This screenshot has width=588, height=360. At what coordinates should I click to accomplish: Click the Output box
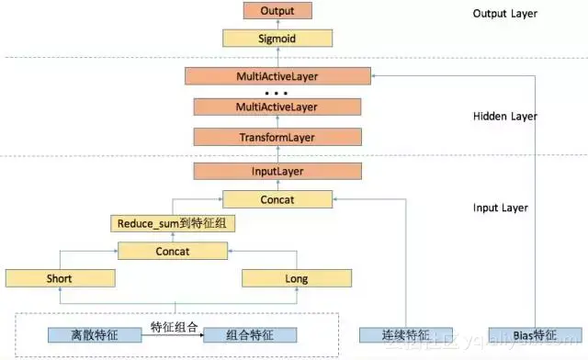click(277, 12)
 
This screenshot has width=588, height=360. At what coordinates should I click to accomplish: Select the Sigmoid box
click(277, 39)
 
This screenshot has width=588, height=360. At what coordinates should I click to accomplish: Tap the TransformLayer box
click(277, 138)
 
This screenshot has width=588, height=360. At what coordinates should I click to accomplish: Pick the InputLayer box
click(277, 172)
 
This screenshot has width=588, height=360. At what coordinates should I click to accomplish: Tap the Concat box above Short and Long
click(171, 251)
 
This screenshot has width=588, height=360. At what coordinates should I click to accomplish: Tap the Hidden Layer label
click(504, 118)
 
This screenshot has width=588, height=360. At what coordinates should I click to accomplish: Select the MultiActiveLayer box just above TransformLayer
click(277, 108)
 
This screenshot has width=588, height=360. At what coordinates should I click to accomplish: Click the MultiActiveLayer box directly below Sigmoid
click(277, 76)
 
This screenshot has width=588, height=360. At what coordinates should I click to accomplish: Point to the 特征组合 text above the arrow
click(175, 325)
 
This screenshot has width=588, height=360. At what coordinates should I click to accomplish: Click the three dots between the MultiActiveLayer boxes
click(277, 93)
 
